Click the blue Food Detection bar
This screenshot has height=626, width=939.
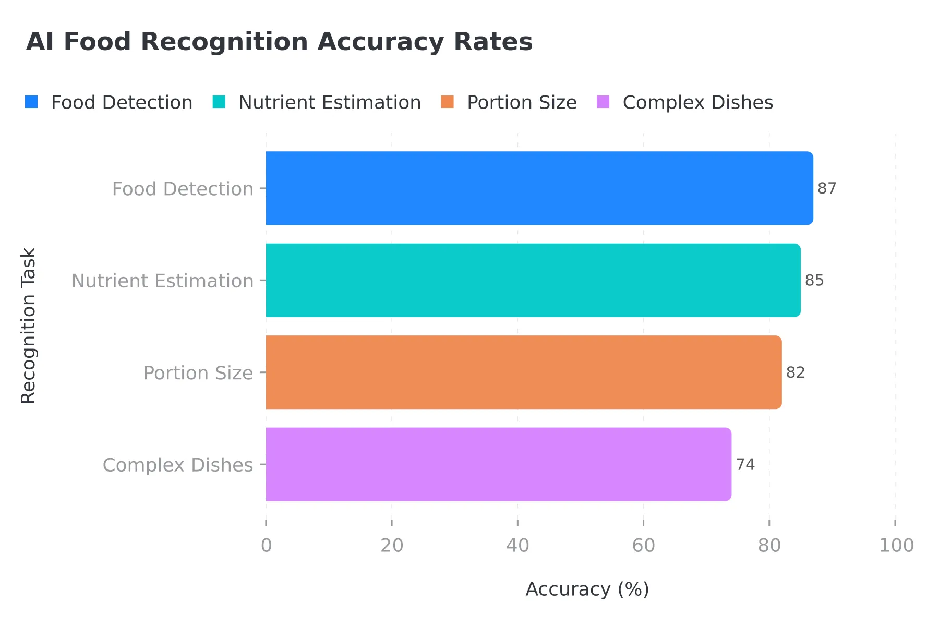(539, 188)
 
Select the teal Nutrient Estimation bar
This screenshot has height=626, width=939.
(533, 280)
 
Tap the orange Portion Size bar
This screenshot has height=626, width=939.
(524, 372)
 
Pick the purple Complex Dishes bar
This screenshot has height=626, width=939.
(499, 464)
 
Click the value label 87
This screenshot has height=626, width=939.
(827, 188)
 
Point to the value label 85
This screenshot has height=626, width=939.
(814, 281)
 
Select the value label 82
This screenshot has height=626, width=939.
(796, 372)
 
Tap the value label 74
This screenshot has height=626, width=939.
(745, 464)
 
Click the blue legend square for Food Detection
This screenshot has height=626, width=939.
(31, 102)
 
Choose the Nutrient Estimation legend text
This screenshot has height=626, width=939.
(330, 103)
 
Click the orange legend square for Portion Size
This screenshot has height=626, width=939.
(447, 102)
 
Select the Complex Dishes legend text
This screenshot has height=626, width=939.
(697, 103)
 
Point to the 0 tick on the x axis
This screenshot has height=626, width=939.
(266, 546)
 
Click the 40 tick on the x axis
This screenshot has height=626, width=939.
(517, 546)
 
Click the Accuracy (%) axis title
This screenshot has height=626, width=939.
(587, 589)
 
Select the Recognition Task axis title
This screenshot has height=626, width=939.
(28, 326)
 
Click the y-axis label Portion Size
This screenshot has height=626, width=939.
(198, 373)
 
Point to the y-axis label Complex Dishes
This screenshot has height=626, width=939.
(178, 465)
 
